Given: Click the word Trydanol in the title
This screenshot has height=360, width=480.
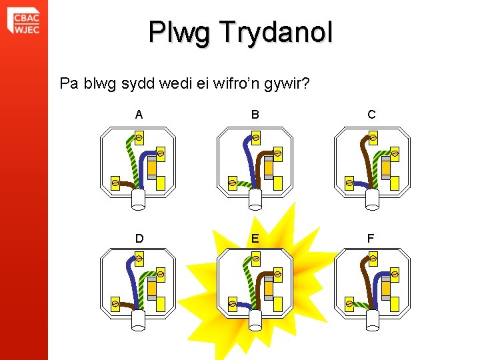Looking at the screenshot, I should [x=277, y=32].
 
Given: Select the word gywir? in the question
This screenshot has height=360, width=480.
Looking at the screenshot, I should [x=285, y=84].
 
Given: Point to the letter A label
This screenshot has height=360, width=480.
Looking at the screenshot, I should [x=139, y=115].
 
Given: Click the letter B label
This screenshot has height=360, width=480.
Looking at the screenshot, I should [x=255, y=115].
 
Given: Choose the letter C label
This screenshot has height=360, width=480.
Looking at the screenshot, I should [x=371, y=115].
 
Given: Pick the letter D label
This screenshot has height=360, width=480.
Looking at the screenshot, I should [x=139, y=238].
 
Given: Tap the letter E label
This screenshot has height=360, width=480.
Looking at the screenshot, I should [x=255, y=238].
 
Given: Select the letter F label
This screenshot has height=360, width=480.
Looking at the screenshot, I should [x=371, y=238].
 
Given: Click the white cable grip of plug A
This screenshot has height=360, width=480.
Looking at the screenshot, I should [x=138, y=198].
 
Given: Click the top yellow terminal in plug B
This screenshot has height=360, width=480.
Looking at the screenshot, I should [x=255, y=138].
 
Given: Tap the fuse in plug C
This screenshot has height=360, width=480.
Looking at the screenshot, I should [x=385, y=168].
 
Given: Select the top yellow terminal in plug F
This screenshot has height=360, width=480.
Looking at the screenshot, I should [x=372, y=258].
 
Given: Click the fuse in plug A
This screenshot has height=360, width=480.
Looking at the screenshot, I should [x=152, y=168].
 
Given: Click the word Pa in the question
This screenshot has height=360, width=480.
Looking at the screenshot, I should [x=68, y=84].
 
